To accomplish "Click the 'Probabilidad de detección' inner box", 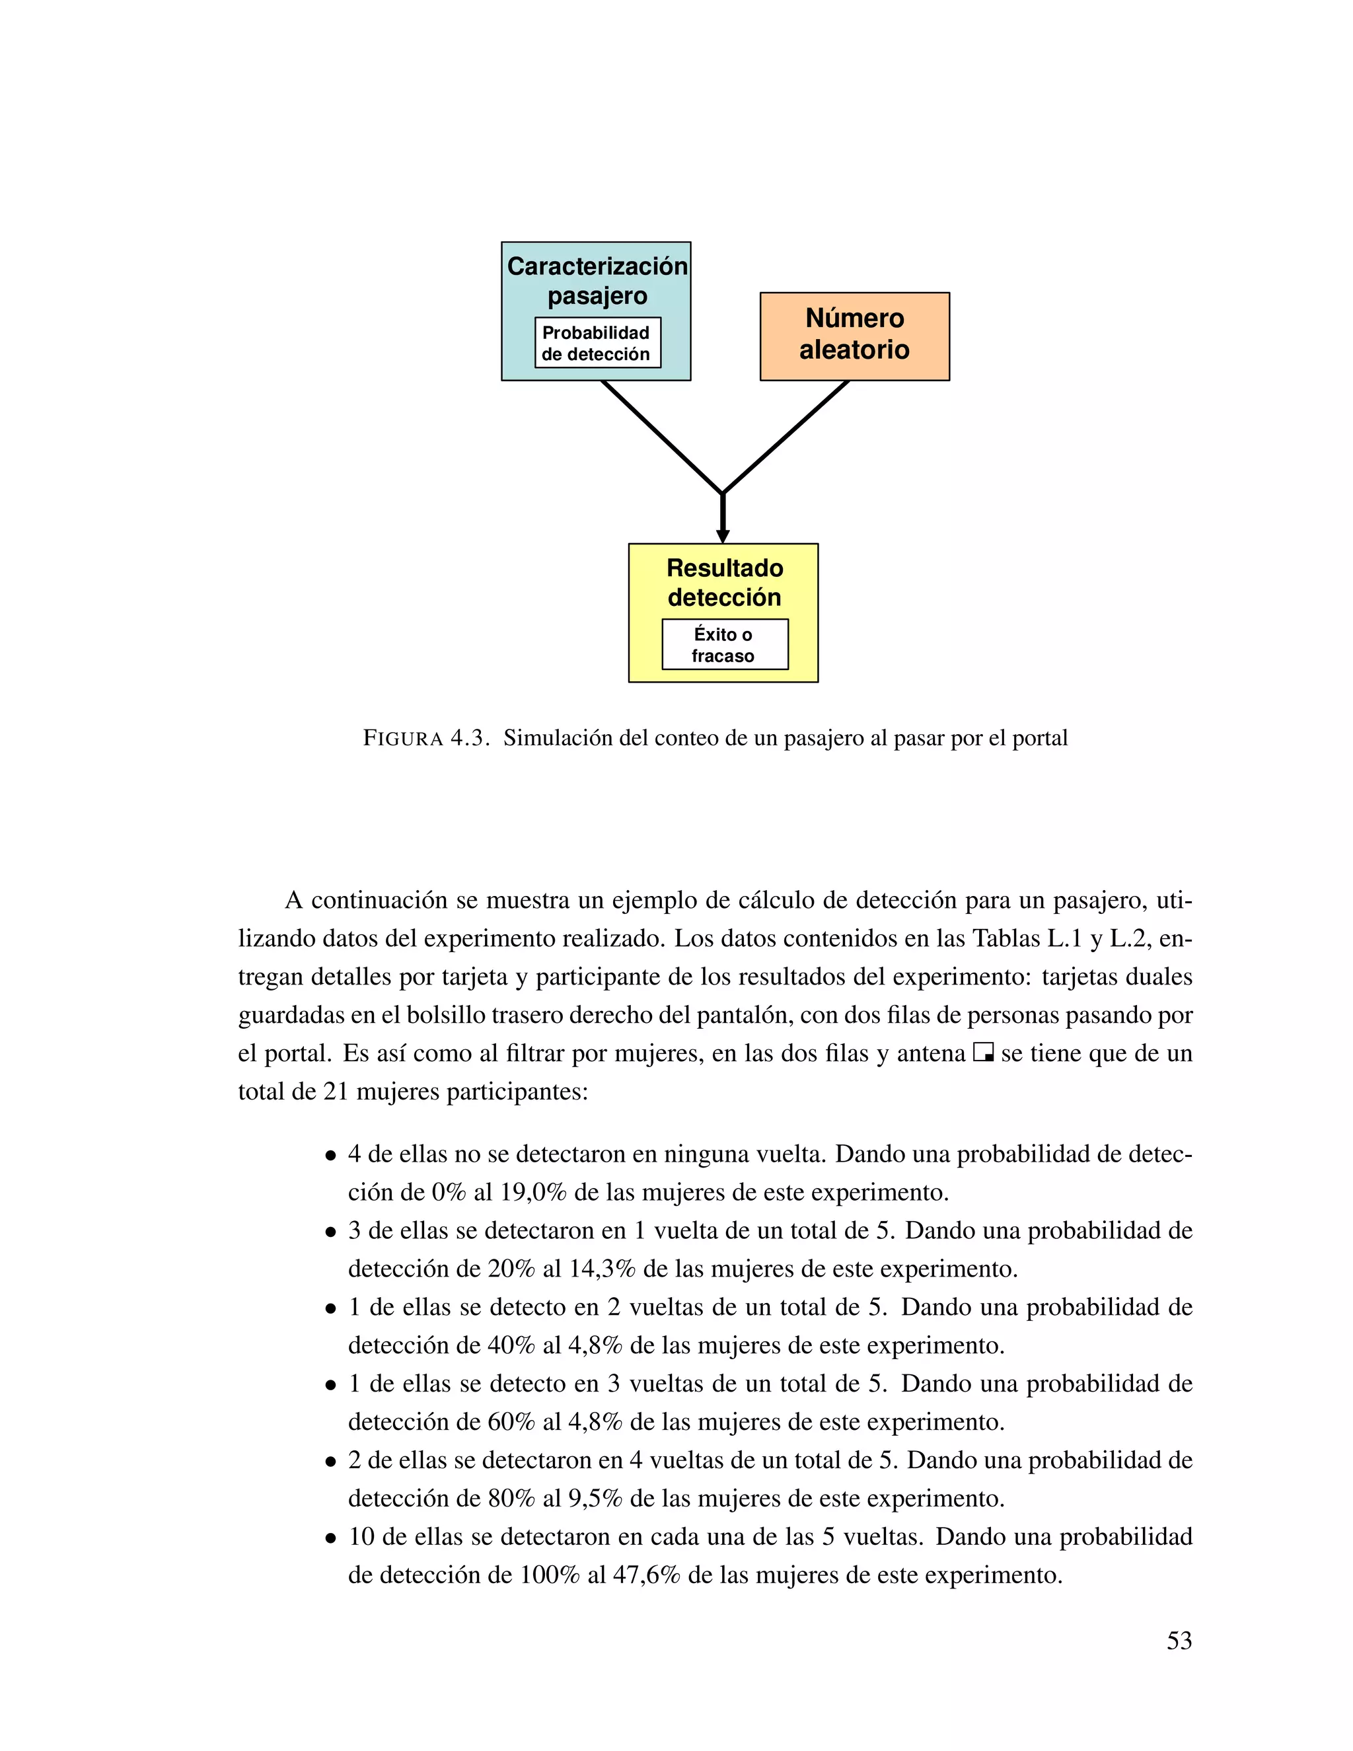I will [597, 343].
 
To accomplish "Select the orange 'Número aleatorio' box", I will [854, 336].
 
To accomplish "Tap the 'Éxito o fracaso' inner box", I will [724, 645].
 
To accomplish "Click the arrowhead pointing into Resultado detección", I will [723, 536].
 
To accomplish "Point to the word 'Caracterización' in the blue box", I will [597, 266].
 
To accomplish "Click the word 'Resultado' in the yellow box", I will [725, 568].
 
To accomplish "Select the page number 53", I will [1179, 1641].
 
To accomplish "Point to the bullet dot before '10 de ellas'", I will [330, 1538].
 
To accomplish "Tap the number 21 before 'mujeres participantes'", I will [336, 1091].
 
